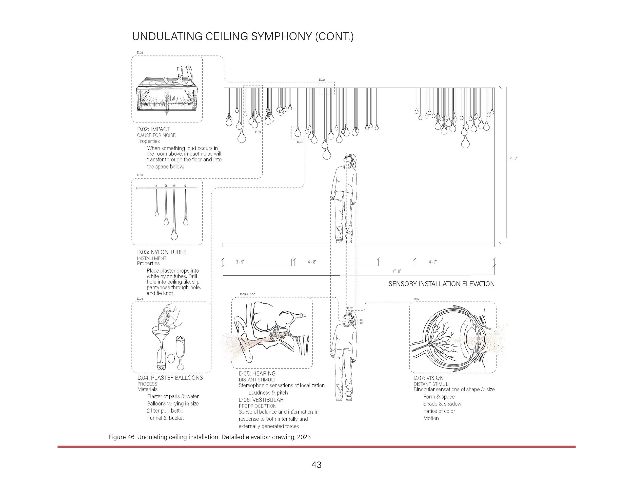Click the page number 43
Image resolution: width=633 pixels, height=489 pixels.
316,465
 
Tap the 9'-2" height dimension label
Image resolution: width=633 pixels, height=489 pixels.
513,159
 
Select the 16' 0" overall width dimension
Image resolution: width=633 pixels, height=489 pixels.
396,271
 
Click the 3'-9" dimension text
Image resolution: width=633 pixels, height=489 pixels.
240,262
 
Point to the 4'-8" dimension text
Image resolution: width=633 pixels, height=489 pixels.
312,262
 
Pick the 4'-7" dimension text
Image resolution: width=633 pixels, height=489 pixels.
433,262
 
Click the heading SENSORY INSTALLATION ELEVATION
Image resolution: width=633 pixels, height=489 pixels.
441,284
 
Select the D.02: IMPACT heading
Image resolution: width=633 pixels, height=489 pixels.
153,129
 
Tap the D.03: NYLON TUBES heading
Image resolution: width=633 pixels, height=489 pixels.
162,252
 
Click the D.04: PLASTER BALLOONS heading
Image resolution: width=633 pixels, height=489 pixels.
170,378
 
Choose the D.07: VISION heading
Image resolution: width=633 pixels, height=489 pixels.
428,378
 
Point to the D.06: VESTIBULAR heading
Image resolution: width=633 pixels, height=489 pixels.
261,400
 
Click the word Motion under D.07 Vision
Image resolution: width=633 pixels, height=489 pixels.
431,418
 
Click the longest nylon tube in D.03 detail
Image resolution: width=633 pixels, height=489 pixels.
174,214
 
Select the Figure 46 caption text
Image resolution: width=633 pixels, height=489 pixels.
209,437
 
